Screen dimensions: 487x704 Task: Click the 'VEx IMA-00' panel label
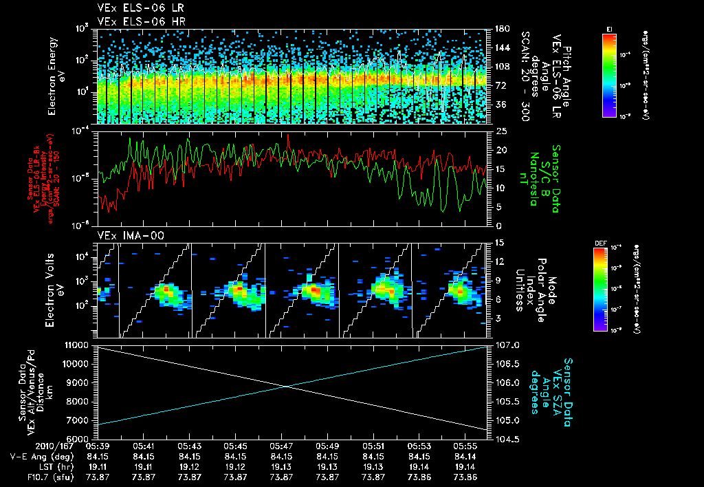click(124, 235)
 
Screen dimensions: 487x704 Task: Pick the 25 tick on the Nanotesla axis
click(501, 131)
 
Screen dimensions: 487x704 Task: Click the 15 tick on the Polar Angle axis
click(500, 242)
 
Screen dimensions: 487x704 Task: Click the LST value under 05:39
click(98, 466)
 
